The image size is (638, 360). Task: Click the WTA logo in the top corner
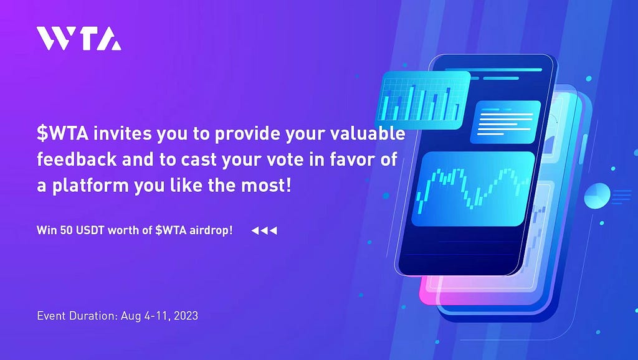[79, 39]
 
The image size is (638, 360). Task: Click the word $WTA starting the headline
[63, 134]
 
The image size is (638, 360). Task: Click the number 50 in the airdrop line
[66, 230]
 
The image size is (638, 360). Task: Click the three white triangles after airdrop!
[264, 230]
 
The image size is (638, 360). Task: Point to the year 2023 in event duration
[186, 316]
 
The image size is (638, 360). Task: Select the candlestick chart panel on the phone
[473, 189]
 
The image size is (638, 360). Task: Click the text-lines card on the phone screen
[505, 122]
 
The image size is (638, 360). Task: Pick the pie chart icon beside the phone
[597, 196]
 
